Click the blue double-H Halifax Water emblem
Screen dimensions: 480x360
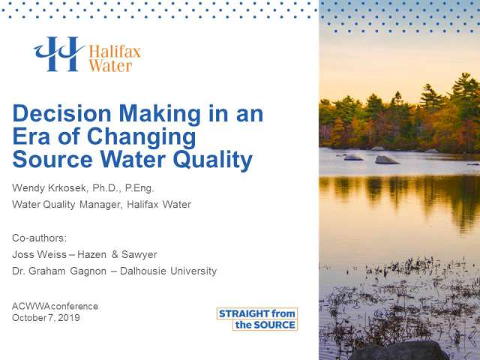[x=58, y=54]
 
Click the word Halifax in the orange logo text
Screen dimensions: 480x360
[x=115, y=52]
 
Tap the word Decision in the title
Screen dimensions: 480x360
[x=61, y=113]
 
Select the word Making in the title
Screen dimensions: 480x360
[x=160, y=115]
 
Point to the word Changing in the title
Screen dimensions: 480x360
[x=142, y=137]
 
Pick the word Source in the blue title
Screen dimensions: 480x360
[x=52, y=160]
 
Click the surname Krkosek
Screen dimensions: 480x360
[x=67, y=187]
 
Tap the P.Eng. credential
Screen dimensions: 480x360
[x=139, y=188]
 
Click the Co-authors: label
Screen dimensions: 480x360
[x=39, y=238]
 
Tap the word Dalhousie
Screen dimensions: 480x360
[x=143, y=271]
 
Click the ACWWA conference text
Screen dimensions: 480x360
[x=55, y=306]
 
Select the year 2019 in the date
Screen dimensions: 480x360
[x=69, y=317]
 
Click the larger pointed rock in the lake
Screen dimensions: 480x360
[x=386, y=160]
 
